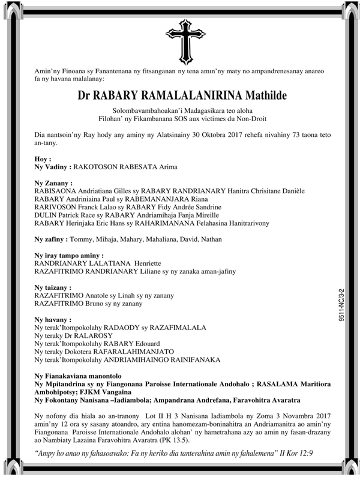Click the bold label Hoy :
point(43,158)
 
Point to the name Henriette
point(160,263)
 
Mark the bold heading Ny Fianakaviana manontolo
point(82,376)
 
